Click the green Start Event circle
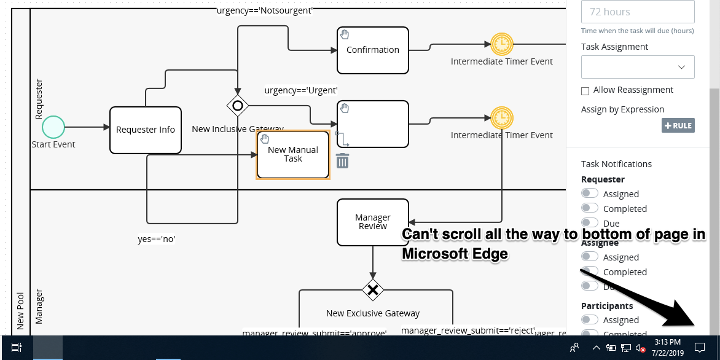click(x=53, y=127)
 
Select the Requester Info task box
click(x=146, y=130)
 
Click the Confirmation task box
click(x=372, y=50)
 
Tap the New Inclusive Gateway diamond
click(x=238, y=106)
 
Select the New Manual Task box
click(x=293, y=154)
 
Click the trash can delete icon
click(x=342, y=161)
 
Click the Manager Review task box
click(x=372, y=222)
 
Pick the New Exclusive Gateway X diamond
click(x=372, y=289)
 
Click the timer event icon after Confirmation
click(x=502, y=44)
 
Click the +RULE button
click(x=678, y=125)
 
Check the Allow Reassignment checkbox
click(x=585, y=91)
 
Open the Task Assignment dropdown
click(x=638, y=67)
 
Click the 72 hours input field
click(x=638, y=12)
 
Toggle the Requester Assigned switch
click(x=590, y=194)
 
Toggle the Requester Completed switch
click(x=590, y=208)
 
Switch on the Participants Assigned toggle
click(x=590, y=319)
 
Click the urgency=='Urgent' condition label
click(x=301, y=90)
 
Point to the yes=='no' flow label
click(x=157, y=239)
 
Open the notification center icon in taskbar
click(x=699, y=347)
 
